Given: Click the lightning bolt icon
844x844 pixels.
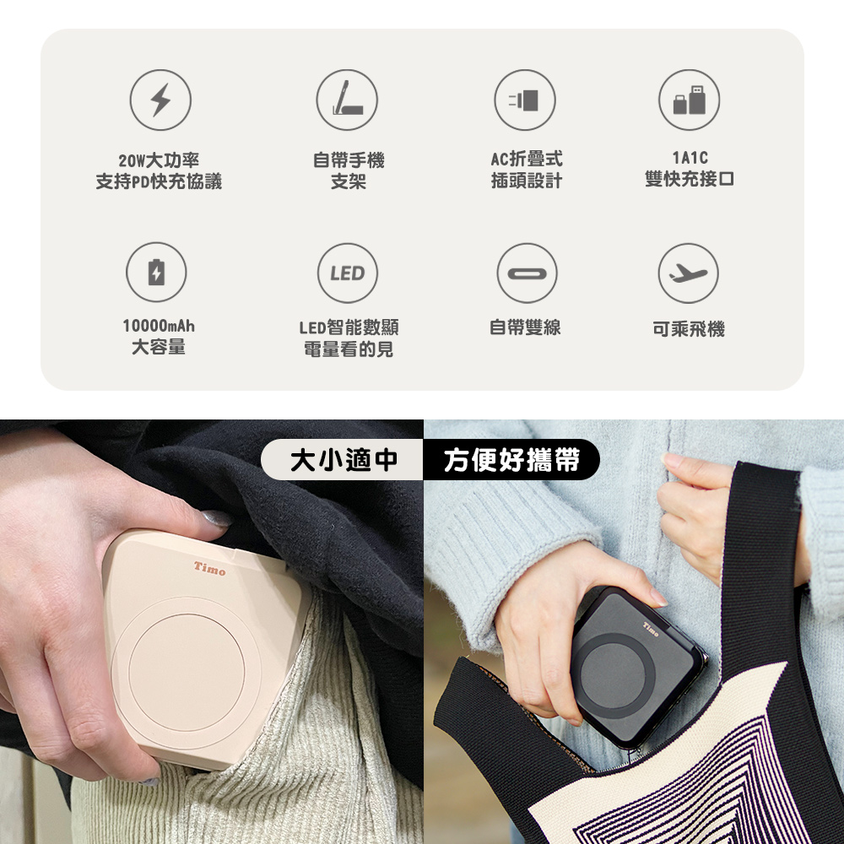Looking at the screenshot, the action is click(160, 100).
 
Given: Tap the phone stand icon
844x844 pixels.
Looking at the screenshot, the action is click(347, 100).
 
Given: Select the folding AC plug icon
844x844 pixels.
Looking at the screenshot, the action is click(525, 100).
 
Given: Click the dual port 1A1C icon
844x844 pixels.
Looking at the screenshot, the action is click(689, 100).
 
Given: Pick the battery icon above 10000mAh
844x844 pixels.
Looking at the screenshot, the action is click(157, 273).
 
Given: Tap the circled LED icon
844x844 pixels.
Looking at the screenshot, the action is click(348, 273).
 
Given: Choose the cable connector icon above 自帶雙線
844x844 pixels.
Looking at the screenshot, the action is click(527, 273).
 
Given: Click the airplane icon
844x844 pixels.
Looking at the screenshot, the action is click(689, 273).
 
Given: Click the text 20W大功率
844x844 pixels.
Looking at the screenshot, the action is click(159, 160).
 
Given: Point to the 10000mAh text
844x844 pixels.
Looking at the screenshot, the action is click(159, 326).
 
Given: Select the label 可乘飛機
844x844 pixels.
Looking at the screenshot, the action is click(689, 329).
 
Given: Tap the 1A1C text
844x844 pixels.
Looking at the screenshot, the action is click(690, 158).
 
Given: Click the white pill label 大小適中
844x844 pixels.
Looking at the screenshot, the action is click(343, 460).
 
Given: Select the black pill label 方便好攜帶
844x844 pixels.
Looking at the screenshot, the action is click(511, 460).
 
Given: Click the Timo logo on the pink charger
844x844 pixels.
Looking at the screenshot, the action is click(210, 568).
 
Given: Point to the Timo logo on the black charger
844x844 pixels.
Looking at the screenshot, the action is click(651, 630).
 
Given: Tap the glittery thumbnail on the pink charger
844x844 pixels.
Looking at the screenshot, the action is click(215, 519).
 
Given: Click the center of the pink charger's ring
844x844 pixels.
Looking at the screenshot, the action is click(187, 672).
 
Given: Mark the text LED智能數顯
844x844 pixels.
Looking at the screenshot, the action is click(349, 327).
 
